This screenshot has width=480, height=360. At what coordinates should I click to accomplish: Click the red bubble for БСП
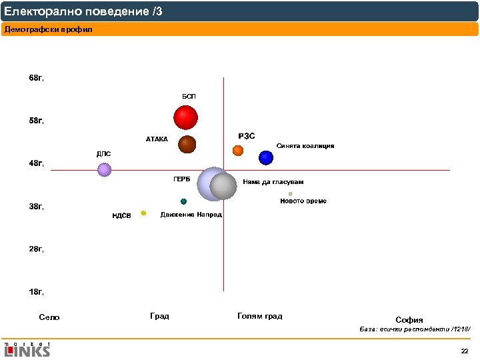[186, 118]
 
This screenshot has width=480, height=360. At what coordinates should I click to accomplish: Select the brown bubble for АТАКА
[187, 144]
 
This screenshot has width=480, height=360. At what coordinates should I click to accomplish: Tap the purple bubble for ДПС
[104, 169]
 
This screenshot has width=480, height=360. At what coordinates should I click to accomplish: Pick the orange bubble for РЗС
[238, 150]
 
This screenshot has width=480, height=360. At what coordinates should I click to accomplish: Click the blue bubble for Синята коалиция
[266, 157]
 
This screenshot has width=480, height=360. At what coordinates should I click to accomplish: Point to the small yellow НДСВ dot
[143, 213]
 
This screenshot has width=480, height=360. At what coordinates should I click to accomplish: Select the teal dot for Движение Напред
[183, 201]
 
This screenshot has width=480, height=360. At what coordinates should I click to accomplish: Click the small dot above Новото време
[290, 194]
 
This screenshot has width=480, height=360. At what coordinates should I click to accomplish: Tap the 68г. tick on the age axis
[37, 78]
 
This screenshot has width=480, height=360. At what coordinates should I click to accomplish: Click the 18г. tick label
[37, 292]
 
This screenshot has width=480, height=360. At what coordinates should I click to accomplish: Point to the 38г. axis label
[37, 207]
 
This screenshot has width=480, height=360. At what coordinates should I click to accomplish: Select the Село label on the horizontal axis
[49, 317]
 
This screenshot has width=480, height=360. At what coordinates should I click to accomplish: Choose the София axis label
[409, 319]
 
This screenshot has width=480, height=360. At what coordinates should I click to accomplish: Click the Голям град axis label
[259, 316]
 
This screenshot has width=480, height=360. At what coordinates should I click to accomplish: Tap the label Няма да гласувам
[273, 182]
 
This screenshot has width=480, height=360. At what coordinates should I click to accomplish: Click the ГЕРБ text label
[182, 179]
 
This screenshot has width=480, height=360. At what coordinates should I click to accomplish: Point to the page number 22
[465, 351]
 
